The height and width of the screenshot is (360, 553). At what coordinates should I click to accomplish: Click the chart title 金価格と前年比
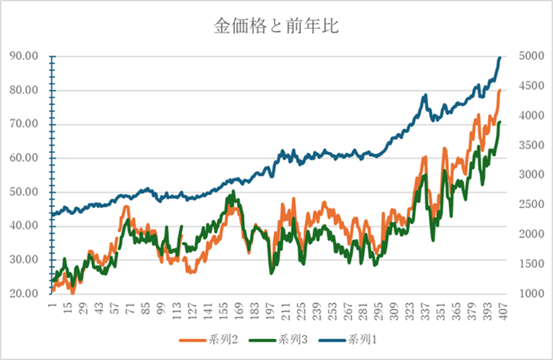pyautogui.click(x=276, y=27)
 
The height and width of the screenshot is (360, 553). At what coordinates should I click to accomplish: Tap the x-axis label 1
pyautogui.click(x=51, y=304)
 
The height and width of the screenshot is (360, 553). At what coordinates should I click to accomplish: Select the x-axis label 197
pyautogui.click(x=269, y=309)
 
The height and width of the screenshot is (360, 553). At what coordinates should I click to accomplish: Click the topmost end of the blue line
pyautogui.click(x=500, y=57)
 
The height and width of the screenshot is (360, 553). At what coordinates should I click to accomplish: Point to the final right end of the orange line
pyautogui.click(x=500, y=90)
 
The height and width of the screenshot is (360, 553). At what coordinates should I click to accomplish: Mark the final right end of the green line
pyautogui.click(x=500, y=122)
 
